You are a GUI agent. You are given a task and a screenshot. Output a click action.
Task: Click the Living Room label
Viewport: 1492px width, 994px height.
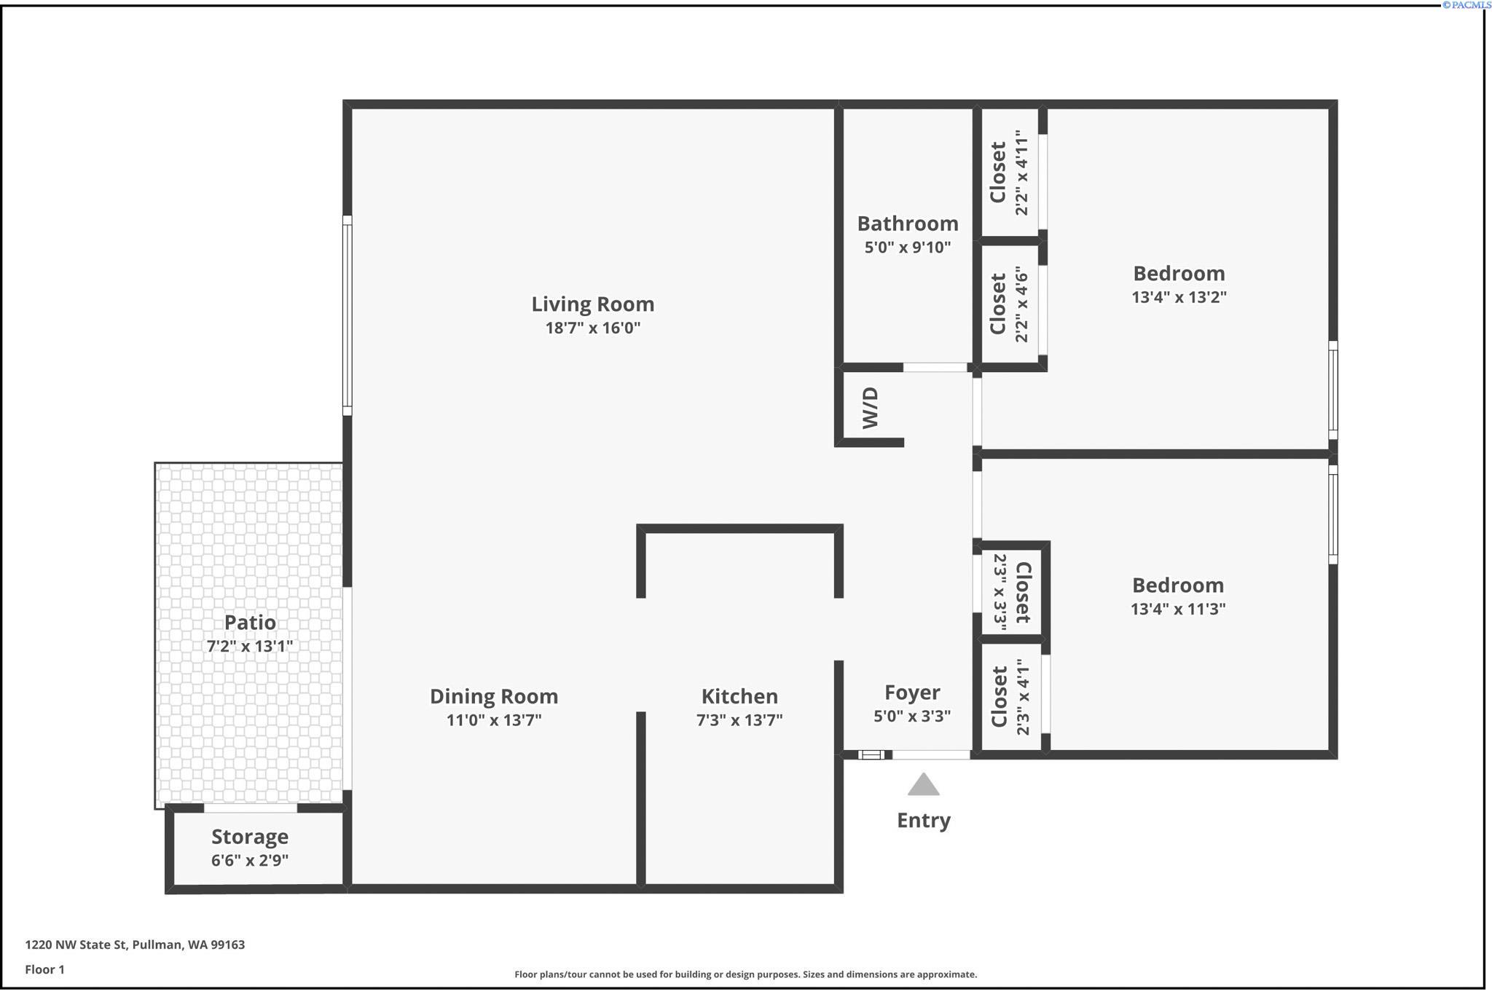coord(592,304)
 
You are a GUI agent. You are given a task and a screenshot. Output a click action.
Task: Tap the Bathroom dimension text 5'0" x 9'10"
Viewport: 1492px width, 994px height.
coord(907,248)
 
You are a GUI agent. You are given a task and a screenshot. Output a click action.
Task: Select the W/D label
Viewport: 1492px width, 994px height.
coord(871,408)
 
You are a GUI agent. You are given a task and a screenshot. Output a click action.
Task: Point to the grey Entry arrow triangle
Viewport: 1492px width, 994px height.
coord(923,785)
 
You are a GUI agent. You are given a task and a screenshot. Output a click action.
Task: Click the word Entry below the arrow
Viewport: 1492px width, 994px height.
coord(923,821)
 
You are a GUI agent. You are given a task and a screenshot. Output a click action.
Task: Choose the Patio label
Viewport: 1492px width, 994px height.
coord(250,623)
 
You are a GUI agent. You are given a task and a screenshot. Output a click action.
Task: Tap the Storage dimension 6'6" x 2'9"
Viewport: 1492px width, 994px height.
coord(250,860)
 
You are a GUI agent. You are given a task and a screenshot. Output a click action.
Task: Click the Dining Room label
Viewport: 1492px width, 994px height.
coord(494,696)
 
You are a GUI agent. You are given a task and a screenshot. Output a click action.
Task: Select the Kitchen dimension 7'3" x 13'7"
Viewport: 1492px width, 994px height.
coord(739,720)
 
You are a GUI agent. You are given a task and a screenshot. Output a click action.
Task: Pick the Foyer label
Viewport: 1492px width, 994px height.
coord(912,693)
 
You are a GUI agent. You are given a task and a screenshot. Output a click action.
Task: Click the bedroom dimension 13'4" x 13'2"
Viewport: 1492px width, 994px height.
coord(1179,297)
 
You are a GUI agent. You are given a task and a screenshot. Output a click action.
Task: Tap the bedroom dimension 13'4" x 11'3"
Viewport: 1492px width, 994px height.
coord(1178,609)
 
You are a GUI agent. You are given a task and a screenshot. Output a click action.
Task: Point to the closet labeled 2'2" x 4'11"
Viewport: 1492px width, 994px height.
coord(1009,173)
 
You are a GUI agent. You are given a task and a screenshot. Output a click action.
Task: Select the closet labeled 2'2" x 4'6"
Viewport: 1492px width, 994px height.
coord(1009,304)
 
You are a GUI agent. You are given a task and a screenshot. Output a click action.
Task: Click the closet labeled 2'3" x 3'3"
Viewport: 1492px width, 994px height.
coord(1012,592)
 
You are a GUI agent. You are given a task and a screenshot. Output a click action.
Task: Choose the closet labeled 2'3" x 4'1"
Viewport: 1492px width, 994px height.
coord(1010,697)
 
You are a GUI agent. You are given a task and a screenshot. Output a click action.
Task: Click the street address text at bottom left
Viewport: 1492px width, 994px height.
coord(135,944)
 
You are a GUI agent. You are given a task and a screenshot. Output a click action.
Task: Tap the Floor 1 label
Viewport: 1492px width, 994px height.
coord(44,969)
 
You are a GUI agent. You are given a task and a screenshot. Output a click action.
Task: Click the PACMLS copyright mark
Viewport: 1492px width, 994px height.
coord(1467,5)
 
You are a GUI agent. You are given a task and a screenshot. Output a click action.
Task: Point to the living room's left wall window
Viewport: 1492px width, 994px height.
coord(348,315)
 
